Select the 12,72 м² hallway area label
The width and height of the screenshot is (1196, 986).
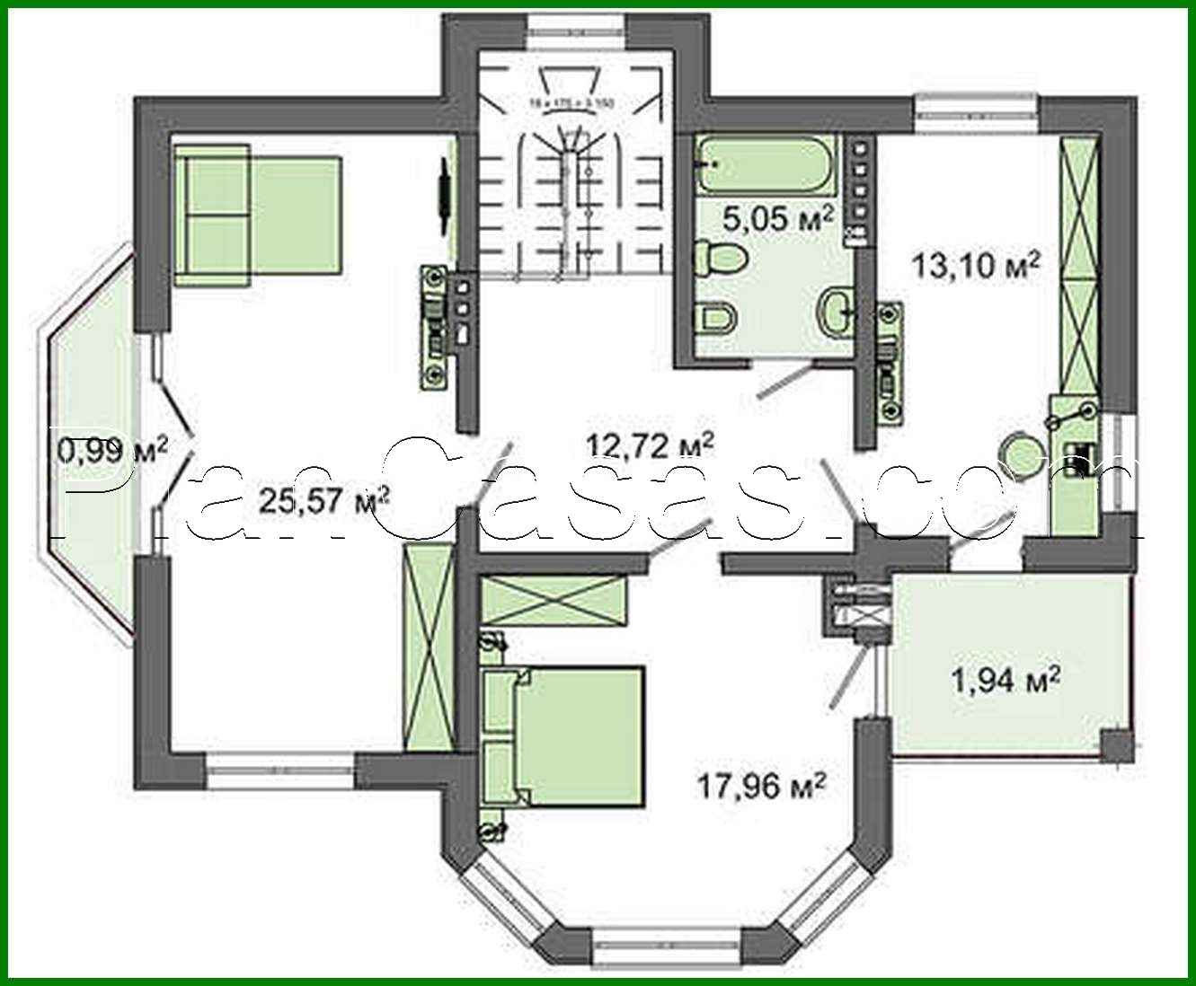pyautogui.click(x=650, y=443)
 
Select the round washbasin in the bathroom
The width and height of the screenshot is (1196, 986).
pyautogui.click(x=835, y=313)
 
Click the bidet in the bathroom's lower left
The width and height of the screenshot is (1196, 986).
pyautogui.click(x=716, y=318)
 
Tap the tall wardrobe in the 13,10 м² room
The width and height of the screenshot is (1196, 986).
pyautogui.click(x=1079, y=265)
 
